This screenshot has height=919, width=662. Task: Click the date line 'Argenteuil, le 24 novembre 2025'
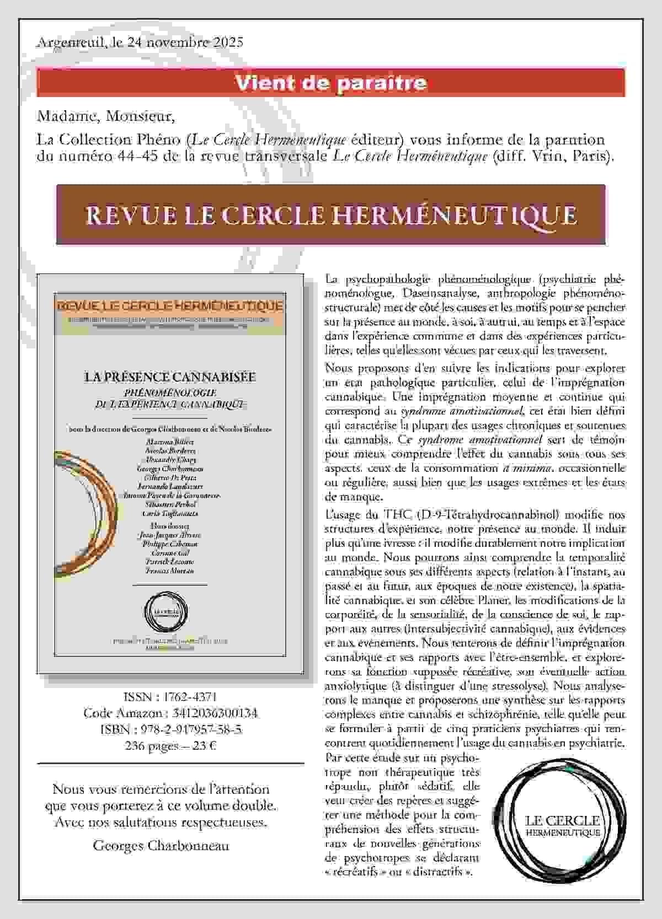pos(140,42)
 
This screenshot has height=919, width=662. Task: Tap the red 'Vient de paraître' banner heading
pos(331,83)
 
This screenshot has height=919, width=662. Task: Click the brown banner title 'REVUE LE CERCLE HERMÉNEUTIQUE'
pos(331,214)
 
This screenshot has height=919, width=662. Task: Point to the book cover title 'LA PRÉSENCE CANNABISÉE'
pos(170,377)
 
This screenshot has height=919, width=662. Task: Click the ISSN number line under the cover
pos(170,697)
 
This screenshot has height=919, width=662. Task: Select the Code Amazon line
pos(170,713)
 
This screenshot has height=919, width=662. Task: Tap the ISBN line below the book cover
pos(170,730)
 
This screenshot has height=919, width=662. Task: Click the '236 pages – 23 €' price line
pos(170,746)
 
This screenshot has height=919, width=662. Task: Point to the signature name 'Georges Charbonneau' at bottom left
pos(161,845)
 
